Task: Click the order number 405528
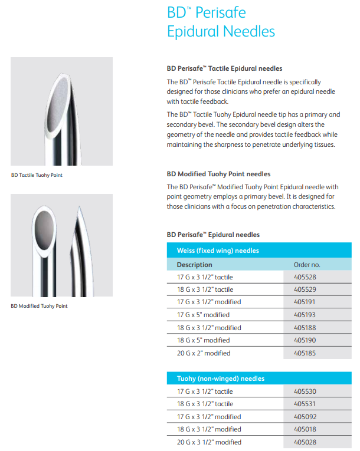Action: tap(306, 276)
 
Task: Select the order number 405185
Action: tap(306, 353)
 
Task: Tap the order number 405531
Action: tap(306, 404)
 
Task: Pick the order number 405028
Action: tap(306, 442)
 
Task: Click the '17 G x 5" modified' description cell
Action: tap(203, 315)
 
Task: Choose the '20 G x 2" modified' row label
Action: tap(204, 353)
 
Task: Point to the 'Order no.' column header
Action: tap(307, 265)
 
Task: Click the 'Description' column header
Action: tap(194, 265)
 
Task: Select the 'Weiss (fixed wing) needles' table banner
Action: tap(218, 251)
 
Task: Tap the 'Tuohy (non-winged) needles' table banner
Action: tap(221, 378)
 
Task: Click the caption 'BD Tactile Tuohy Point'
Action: tap(37, 175)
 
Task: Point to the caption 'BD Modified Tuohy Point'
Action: tap(39, 306)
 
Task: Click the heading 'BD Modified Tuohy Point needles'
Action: tap(218, 174)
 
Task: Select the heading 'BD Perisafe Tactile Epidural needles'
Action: tap(224, 69)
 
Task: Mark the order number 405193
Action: tap(306, 315)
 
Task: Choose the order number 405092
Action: tap(306, 417)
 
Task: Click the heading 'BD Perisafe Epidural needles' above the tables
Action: tap(213, 235)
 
